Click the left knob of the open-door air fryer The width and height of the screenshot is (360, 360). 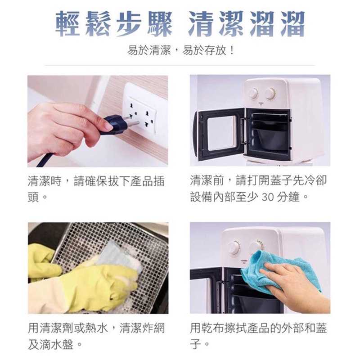(x=254, y=93)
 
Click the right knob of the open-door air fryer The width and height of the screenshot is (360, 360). (x=270, y=94)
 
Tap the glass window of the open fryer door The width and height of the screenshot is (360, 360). (x=221, y=133)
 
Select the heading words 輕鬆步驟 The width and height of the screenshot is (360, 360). (x=114, y=24)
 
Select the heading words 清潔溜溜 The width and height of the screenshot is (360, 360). (x=247, y=24)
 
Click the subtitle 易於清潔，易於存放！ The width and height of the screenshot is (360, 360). (x=180, y=50)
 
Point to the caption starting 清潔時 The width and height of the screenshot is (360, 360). (x=96, y=189)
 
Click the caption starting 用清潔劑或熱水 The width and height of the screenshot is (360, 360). (x=96, y=336)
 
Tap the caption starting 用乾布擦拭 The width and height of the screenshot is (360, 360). (x=258, y=336)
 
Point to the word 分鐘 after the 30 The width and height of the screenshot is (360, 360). (x=288, y=197)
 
